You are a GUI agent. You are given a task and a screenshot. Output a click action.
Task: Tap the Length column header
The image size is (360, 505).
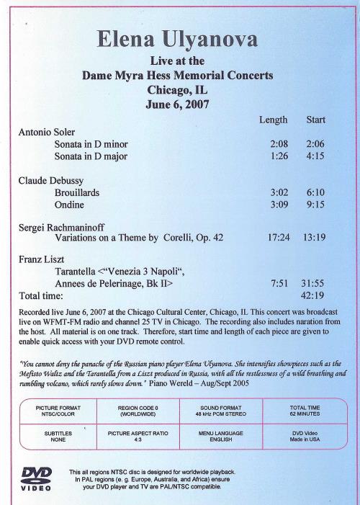[x=273, y=120]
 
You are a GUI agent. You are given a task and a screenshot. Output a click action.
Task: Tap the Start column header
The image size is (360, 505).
[x=315, y=120]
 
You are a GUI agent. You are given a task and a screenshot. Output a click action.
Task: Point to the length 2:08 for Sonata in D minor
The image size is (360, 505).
[x=279, y=144]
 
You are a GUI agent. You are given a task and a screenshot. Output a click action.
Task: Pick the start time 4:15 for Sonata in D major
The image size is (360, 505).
[x=315, y=156]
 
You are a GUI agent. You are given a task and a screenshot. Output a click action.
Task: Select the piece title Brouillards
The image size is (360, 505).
[x=77, y=193]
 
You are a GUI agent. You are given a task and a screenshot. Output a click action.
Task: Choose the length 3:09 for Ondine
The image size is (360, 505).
[x=279, y=205]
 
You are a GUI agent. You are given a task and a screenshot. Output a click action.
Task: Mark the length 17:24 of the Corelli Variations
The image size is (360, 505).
[x=276, y=236]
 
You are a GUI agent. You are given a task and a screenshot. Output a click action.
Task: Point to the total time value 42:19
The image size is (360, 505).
[x=313, y=295]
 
